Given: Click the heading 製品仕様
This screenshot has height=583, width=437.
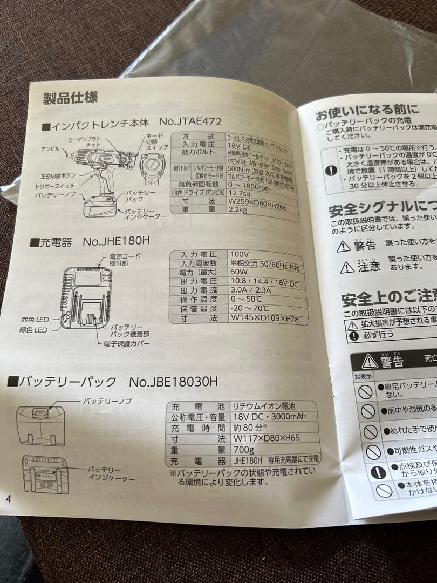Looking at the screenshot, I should click(x=71, y=99).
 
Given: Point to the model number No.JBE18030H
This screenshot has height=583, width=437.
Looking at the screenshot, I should click(x=173, y=382).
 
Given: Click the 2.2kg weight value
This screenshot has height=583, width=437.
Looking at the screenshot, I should click(x=237, y=209).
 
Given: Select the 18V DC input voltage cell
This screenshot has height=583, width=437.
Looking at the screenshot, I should click(x=240, y=145).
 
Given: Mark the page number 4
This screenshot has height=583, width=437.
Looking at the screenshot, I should click(x=8, y=498).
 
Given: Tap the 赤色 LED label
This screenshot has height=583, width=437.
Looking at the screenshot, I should click(x=35, y=320).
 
